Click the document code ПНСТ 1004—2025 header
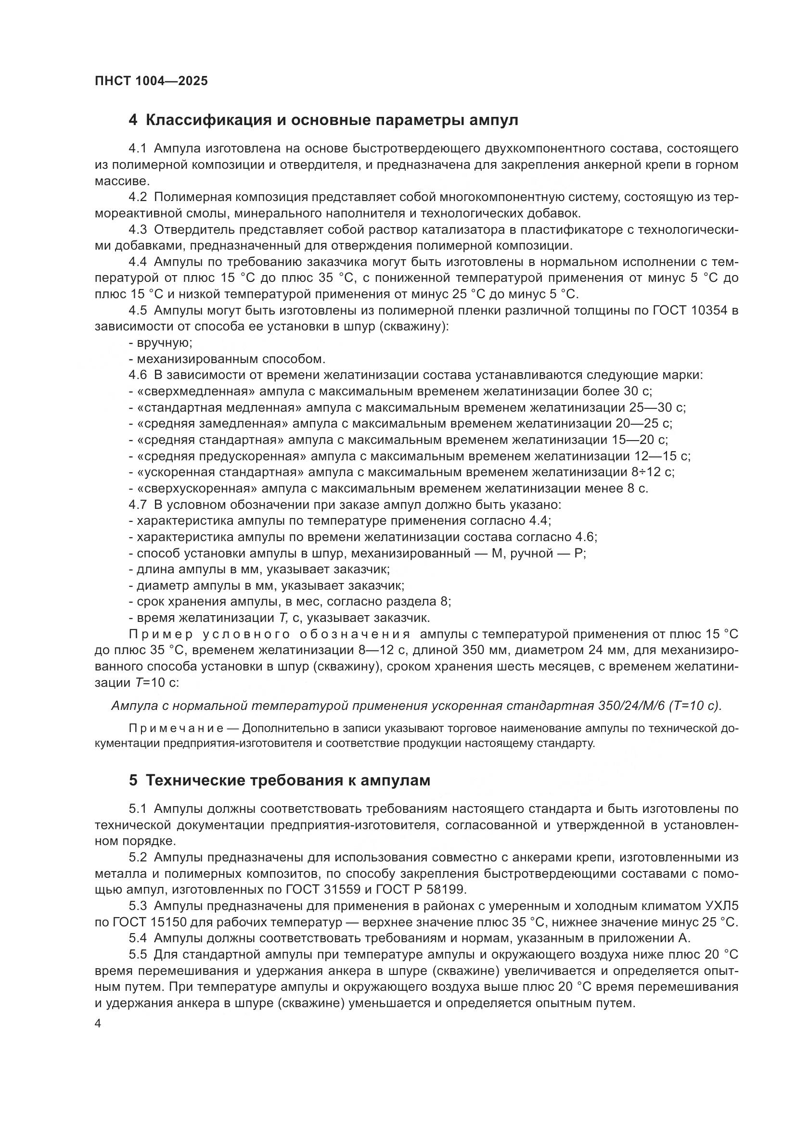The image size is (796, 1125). click(151, 81)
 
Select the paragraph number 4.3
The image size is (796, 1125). click(138, 229)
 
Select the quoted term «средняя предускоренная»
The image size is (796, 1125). click(218, 456)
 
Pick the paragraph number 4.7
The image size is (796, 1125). click(138, 505)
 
